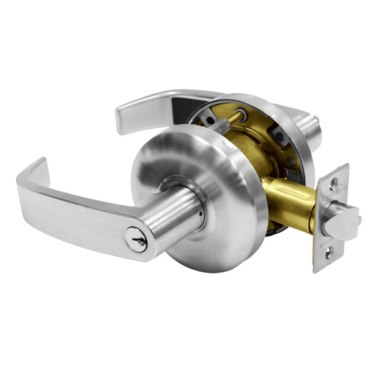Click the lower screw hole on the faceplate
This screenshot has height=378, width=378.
tap(329, 253)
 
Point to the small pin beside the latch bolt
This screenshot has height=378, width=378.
tap(359, 219)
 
